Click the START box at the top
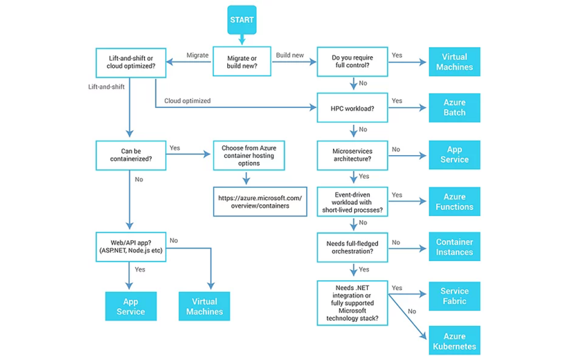(x=242, y=20)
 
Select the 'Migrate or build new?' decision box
(x=242, y=62)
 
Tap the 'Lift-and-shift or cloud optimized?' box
(x=130, y=62)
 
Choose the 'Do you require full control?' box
(x=353, y=62)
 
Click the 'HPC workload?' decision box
(x=353, y=108)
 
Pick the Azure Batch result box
(x=454, y=107)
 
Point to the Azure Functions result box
(x=454, y=202)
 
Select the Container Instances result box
(x=454, y=247)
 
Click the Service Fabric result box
(x=454, y=296)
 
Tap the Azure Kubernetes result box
(x=454, y=341)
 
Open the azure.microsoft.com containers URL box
(x=260, y=202)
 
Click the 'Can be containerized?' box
(x=130, y=156)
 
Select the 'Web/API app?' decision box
(x=130, y=246)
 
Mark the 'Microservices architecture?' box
(x=353, y=155)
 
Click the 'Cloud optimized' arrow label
(x=187, y=101)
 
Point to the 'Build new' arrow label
(x=290, y=55)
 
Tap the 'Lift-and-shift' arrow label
(x=106, y=87)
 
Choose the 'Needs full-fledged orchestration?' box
(x=353, y=247)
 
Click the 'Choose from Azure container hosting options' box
(x=249, y=156)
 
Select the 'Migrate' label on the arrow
(x=197, y=55)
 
